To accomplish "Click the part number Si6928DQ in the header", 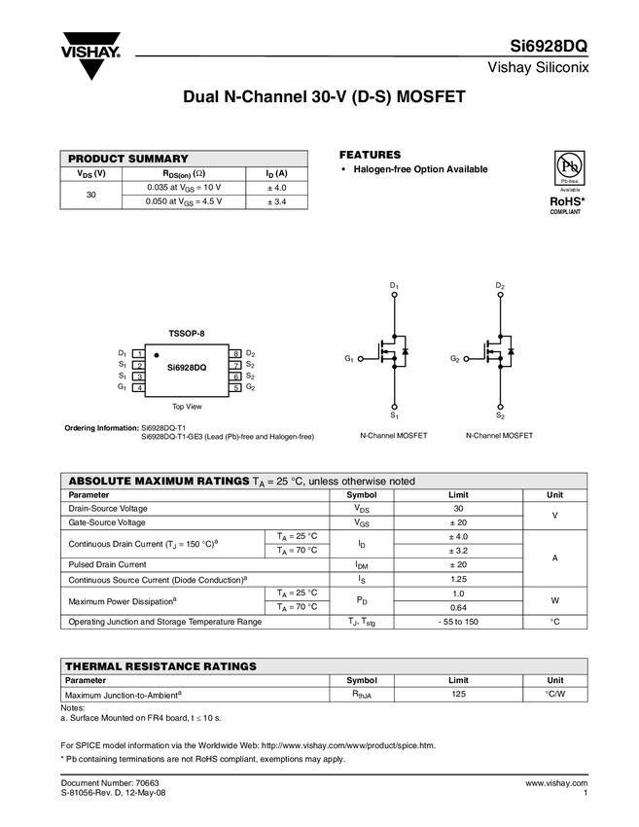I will (x=550, y=47).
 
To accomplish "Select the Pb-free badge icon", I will (x=569, y=167).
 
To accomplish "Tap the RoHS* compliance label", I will (x=566, y=199).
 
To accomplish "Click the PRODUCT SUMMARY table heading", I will (x=127, y=159).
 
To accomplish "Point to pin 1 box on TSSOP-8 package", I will (x=140, y=353).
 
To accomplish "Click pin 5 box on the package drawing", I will (x=235, y=388).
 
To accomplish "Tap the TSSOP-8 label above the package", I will (x=187, y=333).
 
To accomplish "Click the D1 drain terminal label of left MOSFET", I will (x=394, y=285).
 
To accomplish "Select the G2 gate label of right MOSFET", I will (x=454, y=359).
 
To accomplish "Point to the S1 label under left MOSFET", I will (x=394, y=415).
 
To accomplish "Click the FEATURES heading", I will (x=370, y=155).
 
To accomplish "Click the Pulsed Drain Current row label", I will (x=108, y=564).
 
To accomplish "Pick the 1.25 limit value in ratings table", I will (x=458, y=579).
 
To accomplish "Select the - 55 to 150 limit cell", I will (x=458, y=621).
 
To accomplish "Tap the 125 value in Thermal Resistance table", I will (x=458, y=695).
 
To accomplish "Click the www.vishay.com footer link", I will (x=553, y=783).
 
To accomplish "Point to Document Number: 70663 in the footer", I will (x=110, y=783).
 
